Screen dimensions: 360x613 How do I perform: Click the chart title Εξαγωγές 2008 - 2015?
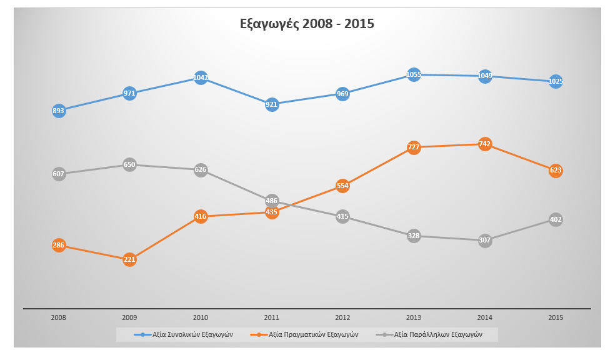pyautogui.click(x=307, y=24)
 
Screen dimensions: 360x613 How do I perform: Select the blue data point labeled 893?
pyautogui.click(x=59, y=111)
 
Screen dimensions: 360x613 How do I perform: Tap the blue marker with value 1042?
pyautogui.click(x=201, y=77)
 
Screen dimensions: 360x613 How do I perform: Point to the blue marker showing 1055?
pyautogui.click(x=414, y=74)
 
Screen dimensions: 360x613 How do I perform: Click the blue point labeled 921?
pyautogui.click(x=272, y=104)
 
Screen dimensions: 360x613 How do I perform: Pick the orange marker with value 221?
pyautogui.click(x=129, y=259)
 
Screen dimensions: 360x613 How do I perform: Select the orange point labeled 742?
pyautogui.click(x=485, y=144)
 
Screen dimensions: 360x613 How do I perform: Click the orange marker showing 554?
pyautogui.click(x=342, y=186)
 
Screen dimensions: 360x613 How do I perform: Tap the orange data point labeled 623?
pyautogui.click(x=556, y=170)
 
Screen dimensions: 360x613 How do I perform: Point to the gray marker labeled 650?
pyautogui.click(x=129, y=165)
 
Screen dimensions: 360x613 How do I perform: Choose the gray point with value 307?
pyautogui.click(x=485, y=240)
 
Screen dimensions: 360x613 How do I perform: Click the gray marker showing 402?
pyautogui.click(x=556, y=219)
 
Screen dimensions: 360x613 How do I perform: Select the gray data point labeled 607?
pyautogui.click(x=59, y=174)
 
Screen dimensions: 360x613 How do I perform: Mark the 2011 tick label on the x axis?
pyautogui.click(x=272, y=317)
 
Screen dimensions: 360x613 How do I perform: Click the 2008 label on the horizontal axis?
pyautogui.click(x=59, y=317)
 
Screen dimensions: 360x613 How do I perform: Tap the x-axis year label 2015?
pyautogui.click(x=556, y=317)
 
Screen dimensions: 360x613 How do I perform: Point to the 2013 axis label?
pyautogui.click(x=414, y=317)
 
